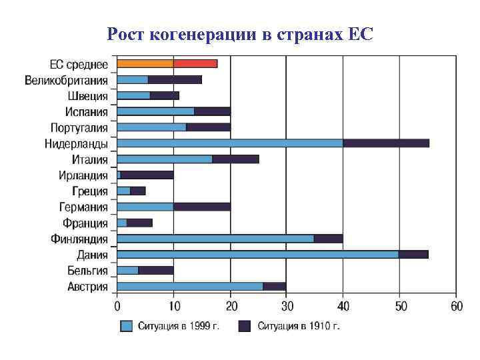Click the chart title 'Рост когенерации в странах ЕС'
pos(240,33)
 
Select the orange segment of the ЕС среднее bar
pos(145,64)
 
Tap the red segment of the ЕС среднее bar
pos(195,64)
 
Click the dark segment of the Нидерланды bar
pos(386,143)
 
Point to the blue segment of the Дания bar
pos(257,254)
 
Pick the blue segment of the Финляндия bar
pos(215,238)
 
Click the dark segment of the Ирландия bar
pos(147,175)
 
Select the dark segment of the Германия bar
pos(202,207)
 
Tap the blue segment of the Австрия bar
pos(190,286)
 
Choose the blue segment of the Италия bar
pos(165,159)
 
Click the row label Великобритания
pos(67,80)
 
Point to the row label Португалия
pos(79,127)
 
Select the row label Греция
pos(91,191)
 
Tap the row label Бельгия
pos(87,270)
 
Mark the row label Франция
pos(85,223)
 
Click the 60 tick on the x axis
pos(456,307)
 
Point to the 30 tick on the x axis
pos(287,307)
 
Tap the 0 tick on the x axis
pos(117,307)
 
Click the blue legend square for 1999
pos(127,326)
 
